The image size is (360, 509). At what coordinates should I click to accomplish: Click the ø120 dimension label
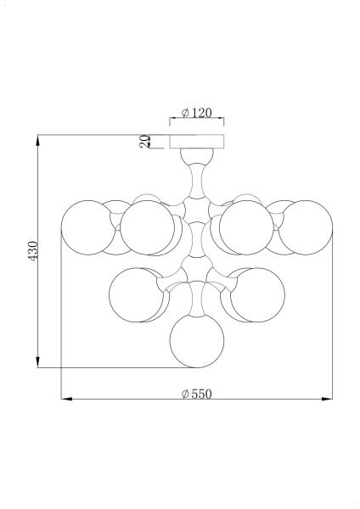(196, 113)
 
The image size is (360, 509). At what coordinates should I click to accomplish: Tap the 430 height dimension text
(33, 250)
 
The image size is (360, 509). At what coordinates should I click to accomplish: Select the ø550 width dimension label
(196, 394)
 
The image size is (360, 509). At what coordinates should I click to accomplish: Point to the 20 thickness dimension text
(145, 142)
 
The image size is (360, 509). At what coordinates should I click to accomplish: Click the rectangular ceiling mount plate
(197, 142)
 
